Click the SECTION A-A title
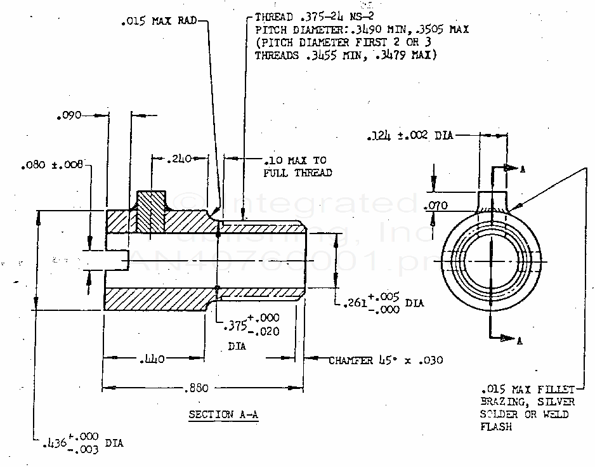pyautogui.click(x=225, y=415)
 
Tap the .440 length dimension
pyautogui.click(x=153, y=360)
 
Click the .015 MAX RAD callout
pyautogui.click(x=159, y=20)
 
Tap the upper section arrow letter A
pyautogui.click(x=522, y=170)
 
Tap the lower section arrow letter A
pyautogui.click(x=520, y=341)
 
